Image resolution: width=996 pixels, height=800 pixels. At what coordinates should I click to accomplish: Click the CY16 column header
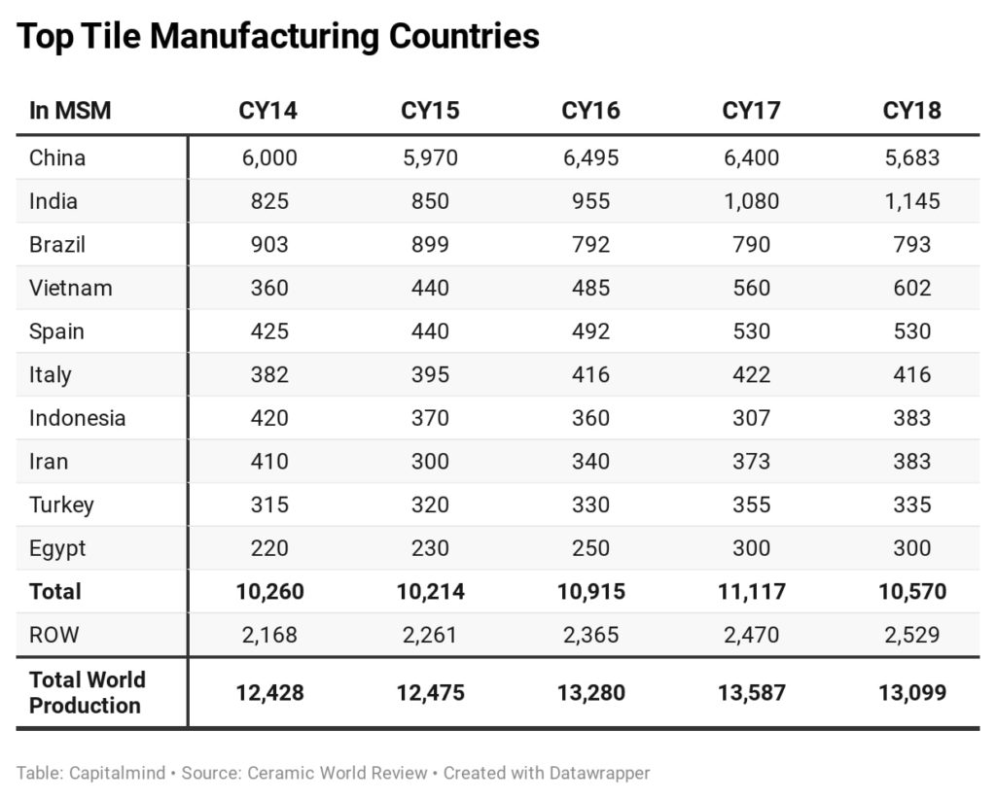click(x=590, y=111)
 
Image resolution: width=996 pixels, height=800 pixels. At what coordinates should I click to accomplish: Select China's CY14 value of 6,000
click(x=269, y=157)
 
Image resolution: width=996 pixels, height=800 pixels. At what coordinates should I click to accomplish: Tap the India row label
click(x=53, y=201)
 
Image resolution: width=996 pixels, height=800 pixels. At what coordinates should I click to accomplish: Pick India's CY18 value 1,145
click(x=912, y=201)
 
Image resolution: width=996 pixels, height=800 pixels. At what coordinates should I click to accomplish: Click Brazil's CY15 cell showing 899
click(x=430, y=244)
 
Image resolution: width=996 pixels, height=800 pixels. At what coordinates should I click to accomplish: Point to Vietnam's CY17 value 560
click(x=751, y=288)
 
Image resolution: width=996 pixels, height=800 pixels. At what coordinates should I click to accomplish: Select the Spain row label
click(x=56, y=331)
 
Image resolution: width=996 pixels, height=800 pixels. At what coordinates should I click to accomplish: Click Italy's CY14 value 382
click(x=269, y=374)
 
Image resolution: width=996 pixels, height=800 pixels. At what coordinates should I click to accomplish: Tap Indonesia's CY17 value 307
click(x=751, y=418)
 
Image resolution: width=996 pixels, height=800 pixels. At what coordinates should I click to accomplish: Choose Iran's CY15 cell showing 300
click(x=430, y=461)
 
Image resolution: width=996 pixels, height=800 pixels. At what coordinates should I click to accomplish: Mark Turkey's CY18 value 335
click(x=912, y=504)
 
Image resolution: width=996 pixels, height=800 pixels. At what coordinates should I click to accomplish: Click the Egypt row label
click(x=57, y=548)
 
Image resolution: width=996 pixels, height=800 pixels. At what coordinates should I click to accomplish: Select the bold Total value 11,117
click(x=751, y=591)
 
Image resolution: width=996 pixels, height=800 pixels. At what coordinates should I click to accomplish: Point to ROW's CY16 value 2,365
click(x=590, y=635)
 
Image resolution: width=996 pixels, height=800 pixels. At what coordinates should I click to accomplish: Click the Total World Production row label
click(x=87, y=692)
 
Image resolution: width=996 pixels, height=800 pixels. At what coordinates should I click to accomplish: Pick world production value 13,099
click(x=912, y=693)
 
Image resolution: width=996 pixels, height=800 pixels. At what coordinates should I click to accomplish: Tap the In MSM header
click(x=70, y=111)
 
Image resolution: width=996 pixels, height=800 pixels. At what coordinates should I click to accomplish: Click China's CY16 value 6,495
click(x=590, y=157)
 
